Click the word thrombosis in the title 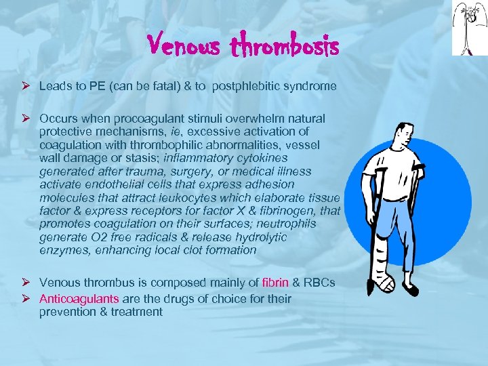pos(285,46)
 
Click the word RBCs pos(319,282)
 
